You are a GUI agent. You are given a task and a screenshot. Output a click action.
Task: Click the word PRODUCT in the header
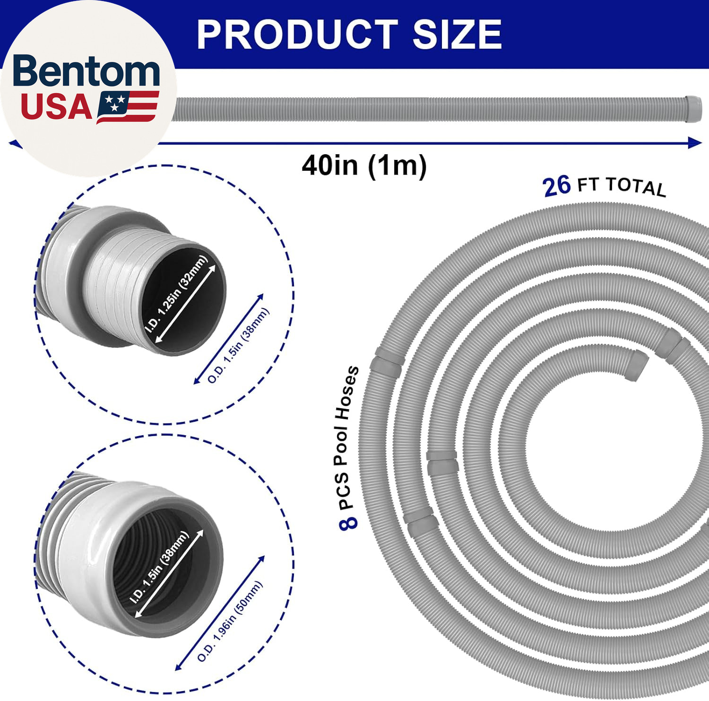tap(297, 34)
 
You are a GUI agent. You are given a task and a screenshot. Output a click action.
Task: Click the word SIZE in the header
tap(457, 34)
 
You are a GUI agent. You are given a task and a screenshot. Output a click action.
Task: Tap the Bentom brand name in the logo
tap(87, 71)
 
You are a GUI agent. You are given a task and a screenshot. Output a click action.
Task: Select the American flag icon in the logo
tap(128, 107)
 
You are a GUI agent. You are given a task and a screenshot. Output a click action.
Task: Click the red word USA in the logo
tap(56, 107)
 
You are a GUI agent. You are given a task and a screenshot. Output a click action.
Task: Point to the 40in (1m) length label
tap(364, 165)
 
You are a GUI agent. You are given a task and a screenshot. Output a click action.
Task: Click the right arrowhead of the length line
tap(695, 142)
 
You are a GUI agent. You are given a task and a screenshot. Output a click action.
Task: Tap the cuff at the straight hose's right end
tap(693, 109)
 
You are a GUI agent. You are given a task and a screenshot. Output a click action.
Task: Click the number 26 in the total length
tap(557, 186)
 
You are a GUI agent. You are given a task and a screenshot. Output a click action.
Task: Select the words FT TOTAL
tap(622, 185)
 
